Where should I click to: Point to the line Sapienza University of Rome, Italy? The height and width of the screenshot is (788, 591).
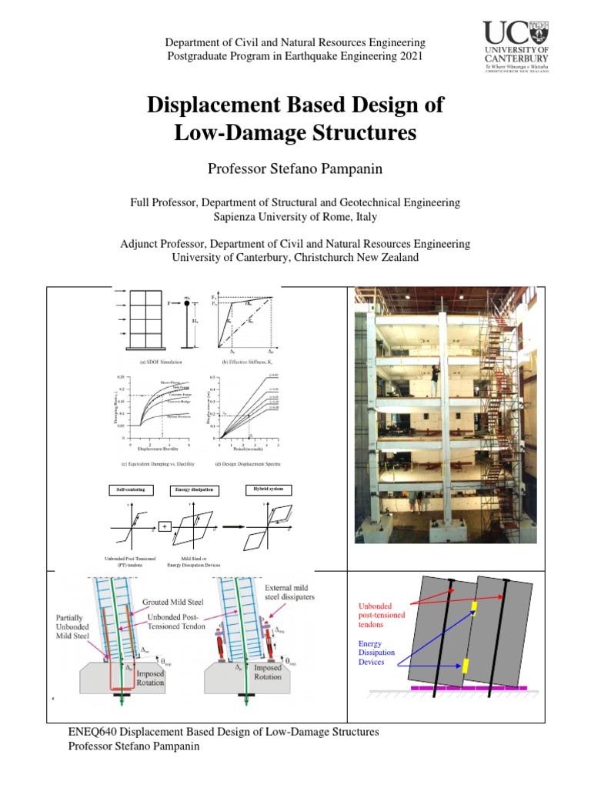[x=295, y=218]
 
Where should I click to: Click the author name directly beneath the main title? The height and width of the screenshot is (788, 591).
[x=295, y=169]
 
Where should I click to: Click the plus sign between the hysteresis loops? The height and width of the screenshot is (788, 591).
[x=164, y=526]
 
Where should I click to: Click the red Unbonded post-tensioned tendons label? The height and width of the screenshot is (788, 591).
[x=382, y=615]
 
